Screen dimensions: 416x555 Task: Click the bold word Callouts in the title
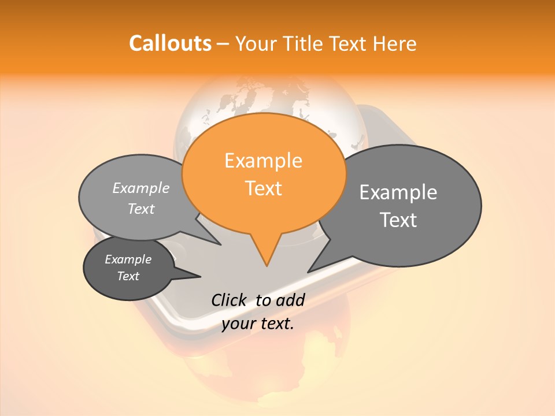pyautogui.click(x=170, y=43)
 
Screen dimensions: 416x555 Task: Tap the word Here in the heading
pyautogui.click(x=395, y=43)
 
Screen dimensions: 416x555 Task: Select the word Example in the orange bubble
pyautogui.click(x=263, y=161)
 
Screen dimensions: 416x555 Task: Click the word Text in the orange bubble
pyautogui.click(x=263, y=188)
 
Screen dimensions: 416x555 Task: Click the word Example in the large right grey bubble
pyautogui.click(x=398, y=192)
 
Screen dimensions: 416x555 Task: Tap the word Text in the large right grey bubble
pyautogui.click(x=398, y=220)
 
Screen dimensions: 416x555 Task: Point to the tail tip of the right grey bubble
pyautogui.click(x=309, y=272)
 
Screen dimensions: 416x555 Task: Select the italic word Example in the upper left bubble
pyautogui.click(x=141, y=188)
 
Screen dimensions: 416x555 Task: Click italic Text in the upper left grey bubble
pyautogui.click(x=141, y=209)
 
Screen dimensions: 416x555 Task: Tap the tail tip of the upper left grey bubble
pyautogui.click(x=220, y=244)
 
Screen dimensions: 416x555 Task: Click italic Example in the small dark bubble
pyautogui.click(x=128, y=259)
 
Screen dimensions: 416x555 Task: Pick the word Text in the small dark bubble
pyautogui.click(x=128, y=276)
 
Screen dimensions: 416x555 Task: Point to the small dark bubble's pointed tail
pyautogui.click(x=200, y=276)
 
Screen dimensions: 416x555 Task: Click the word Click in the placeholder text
pyautogui.click(x=229, y=300)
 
